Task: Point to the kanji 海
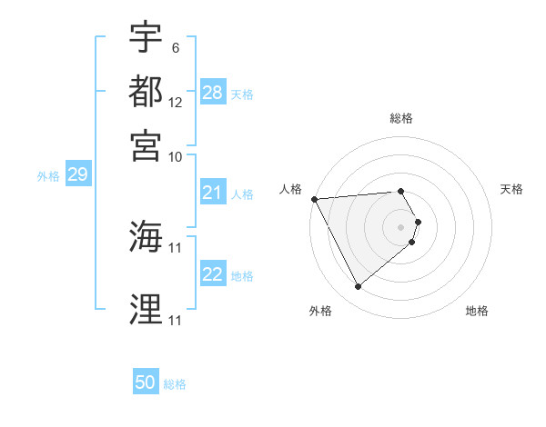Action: [x=146, y=237]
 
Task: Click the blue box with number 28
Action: [x=213, y=93]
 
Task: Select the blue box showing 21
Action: [x=213, y=193]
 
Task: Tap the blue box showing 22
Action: [x=213, y=275]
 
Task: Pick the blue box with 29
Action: [x=77, y=175]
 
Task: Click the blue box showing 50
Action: [x=146, y=382]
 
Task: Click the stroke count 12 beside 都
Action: [x=176, y=103]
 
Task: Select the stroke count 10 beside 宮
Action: [x=176, y=156]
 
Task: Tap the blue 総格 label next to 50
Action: [x=175, y=384]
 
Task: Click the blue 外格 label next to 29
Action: [x=48, y=176]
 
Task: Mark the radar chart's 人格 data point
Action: [x=314, y=199]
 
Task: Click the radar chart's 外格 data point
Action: [x=358, y=287]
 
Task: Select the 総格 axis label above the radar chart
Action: [x=401, y=119]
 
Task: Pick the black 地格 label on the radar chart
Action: [x=477, y=311]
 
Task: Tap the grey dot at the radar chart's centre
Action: [x=401, y=226]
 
